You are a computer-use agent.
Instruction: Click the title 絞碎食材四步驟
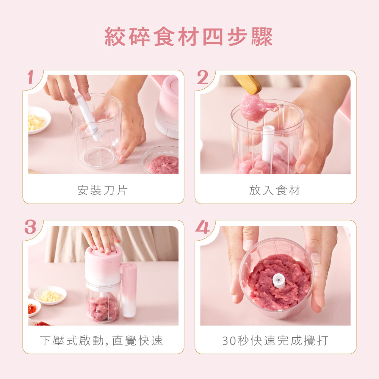click(x=188, y=37)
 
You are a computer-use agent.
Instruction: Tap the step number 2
click(x=202, y=78)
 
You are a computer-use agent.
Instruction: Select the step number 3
click(x=30, y=227)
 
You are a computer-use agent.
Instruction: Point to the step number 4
click(x=202, y=227)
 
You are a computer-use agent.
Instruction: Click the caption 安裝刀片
click(x=103, y=190)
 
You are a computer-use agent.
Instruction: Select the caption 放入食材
click(x=275, y=190)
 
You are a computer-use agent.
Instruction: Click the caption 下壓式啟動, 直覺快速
click(x=102, y=341)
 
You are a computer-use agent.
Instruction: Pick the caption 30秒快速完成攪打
click(x=275, y=341)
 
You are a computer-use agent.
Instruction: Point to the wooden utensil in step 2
click(x=248, y=83)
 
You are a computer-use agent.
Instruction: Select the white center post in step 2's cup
click(x=268, y=144)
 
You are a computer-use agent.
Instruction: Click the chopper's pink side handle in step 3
click(x=129, y=290)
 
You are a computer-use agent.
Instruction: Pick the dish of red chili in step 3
click(x=33, y=308)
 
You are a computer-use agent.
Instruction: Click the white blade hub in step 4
click(x=279, y=280)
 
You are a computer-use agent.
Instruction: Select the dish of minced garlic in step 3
click(x=50, y=295)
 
